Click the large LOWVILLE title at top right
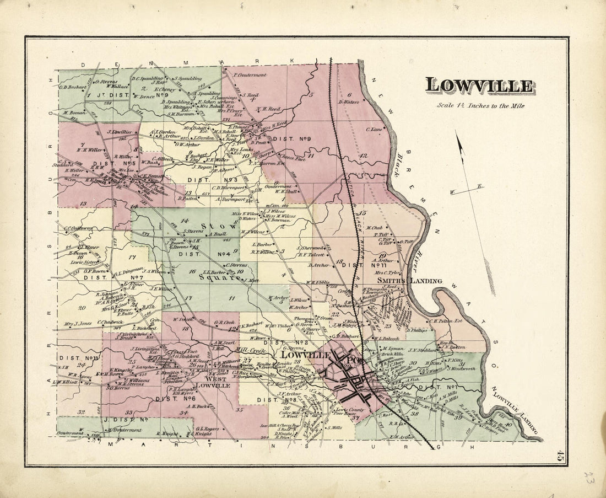pyautogui.click(x=479, y=86)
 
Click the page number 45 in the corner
pyautogui.click(x=560, y=456)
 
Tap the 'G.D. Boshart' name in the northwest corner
pyautogui.click(x=73, y=87)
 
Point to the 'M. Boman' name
pyautogui.click(x=72, y=113)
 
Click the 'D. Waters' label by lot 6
pyautogui.click(x=348, y=101)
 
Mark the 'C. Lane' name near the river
pyautogui.click(x=374, y=130)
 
